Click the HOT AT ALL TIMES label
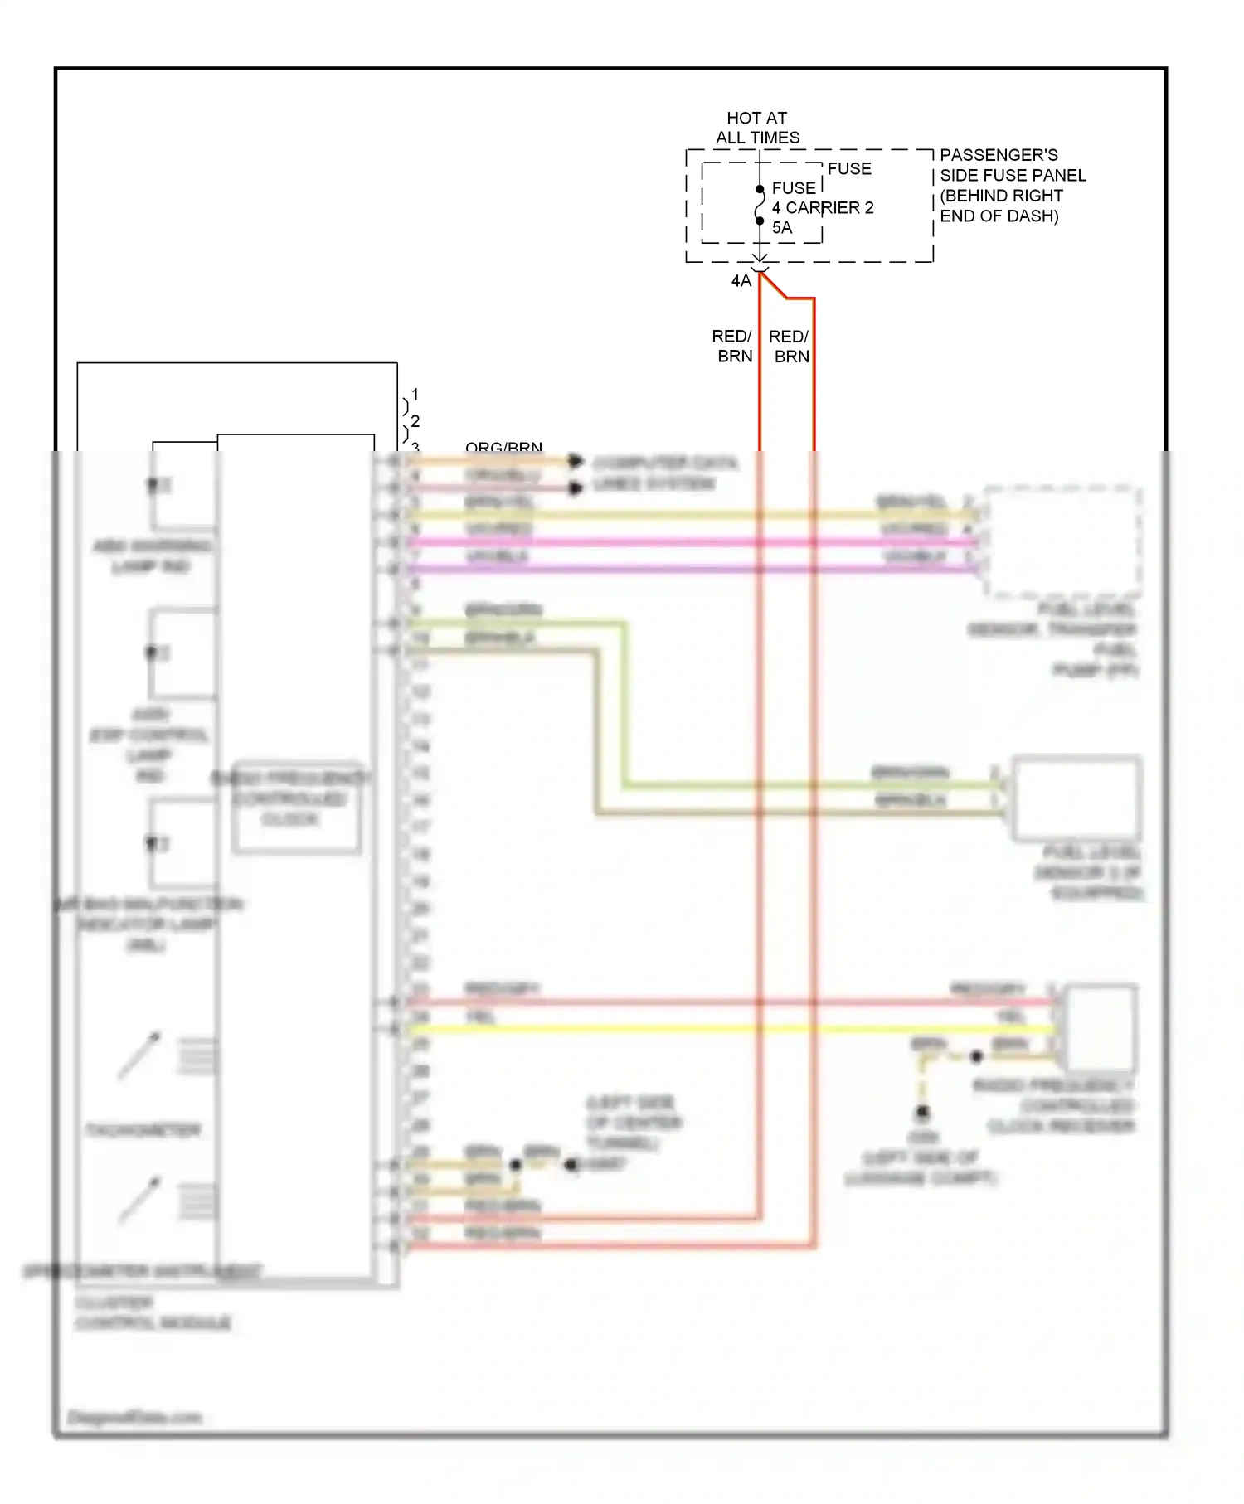click(757, 128)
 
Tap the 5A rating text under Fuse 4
click(781, 227)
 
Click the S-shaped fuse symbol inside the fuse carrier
click(759, 206)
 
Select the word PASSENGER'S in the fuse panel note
click(999, 155)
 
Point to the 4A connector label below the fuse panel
click(741, 281)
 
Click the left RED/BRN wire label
click(732, 346)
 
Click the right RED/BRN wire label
click(789, 346)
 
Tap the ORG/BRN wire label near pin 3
click(503, 448)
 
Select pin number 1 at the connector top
click(415, 394)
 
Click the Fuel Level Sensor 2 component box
click(1076, 798)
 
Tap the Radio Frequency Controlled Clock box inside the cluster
click(296, 807)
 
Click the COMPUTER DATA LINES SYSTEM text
click(664, 473)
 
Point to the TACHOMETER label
click(143, 1130)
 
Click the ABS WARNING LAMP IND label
click(152, 556)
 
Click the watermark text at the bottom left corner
click(134, 1417)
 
